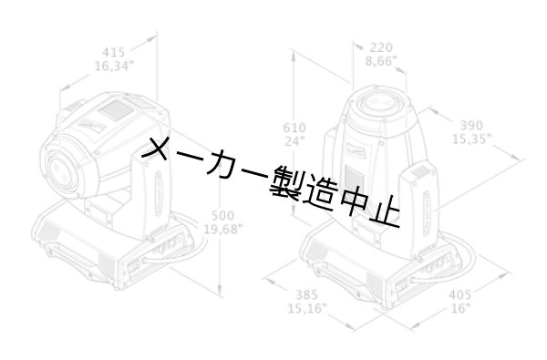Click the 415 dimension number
pyautogui.click(x=116, y=52)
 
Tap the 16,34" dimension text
pyautogui.click(x=115, y=66)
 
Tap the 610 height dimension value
pyautogui.click(x=295, y=127)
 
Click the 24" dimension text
pyautogui.click(x=295, y=141)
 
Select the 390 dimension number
pyautogui.click(x=471, y=124)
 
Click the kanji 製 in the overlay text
pyautogui.click(x=284, y=183)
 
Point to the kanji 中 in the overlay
pyautogui.click(x=352, y=201)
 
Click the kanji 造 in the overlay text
pyautogui.click(x=318, y=192)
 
